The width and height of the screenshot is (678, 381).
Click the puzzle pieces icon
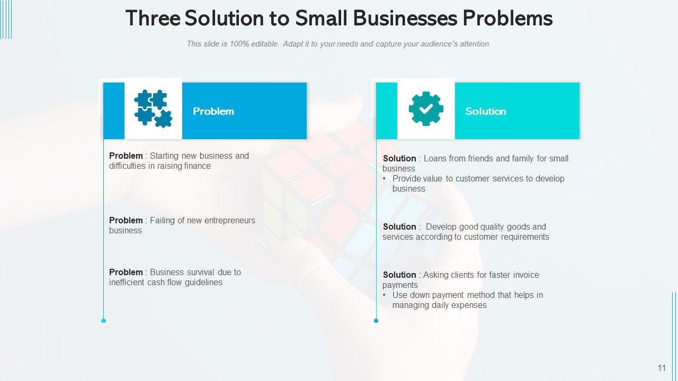153,108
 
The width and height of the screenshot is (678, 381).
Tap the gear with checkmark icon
426,109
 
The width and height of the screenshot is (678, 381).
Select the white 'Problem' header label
213,111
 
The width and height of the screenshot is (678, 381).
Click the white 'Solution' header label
486,111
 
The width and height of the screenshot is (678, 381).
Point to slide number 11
662,368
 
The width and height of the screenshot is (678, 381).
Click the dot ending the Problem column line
103,320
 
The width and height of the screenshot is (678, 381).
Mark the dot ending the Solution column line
376,320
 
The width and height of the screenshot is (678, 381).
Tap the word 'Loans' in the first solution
435,158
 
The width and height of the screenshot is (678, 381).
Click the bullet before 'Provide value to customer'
385,179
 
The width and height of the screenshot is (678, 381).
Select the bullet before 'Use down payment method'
385,295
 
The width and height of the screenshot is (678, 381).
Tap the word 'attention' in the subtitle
474,44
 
